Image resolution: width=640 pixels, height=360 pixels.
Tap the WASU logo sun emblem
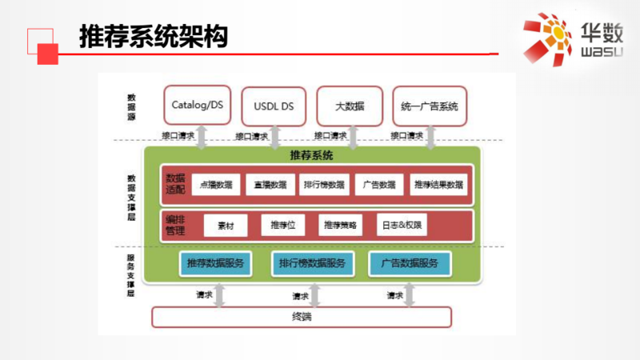point(550,35)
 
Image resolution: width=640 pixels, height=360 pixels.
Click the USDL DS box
point(274,106)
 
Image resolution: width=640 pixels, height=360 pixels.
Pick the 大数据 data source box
point(350,105)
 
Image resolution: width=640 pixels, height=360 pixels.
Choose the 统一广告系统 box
point(429,106)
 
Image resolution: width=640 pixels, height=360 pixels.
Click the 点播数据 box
point(215,185)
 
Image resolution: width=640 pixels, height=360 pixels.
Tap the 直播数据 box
point(270,185)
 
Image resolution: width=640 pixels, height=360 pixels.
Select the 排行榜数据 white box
point(325,185)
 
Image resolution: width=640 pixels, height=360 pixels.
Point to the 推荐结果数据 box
point(438,185)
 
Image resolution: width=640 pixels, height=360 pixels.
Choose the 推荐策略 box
point(341,226)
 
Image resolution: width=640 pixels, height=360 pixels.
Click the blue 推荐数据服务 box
point(215,263)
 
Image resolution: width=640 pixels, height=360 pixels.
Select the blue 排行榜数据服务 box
point(311,263)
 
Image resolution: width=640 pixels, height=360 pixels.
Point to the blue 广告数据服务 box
point(409,263)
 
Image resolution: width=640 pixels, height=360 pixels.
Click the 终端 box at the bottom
point(302,318)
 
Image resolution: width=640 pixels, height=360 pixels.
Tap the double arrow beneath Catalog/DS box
point(202,136)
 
